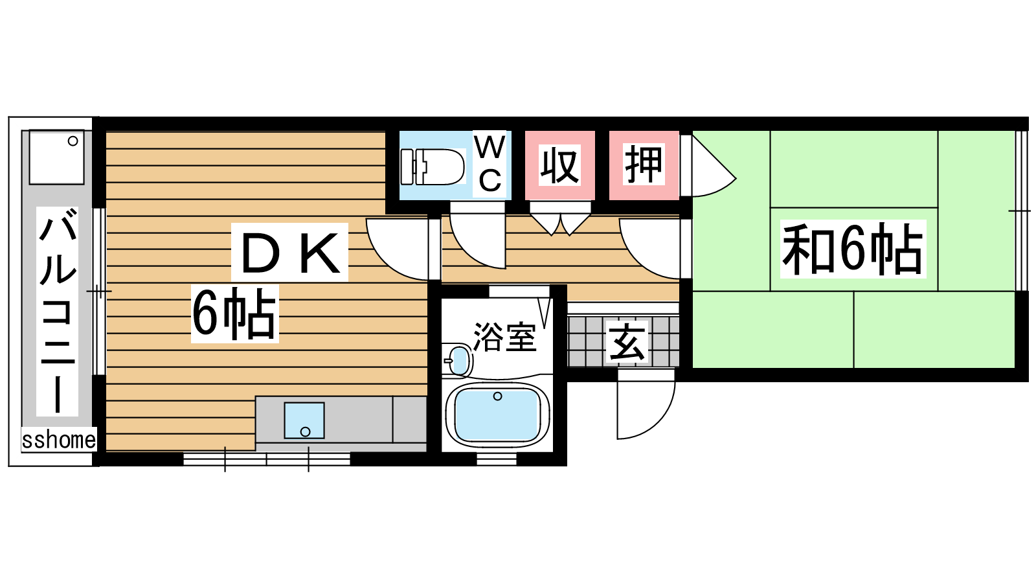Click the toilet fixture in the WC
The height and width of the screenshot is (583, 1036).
(x=433, y=167)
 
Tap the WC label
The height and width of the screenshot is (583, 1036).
(x=490, y=165)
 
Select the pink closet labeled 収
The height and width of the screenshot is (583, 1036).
(x=559, y=165)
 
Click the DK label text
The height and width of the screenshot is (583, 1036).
(x=290, y=253)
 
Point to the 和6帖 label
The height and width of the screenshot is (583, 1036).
(x=853, y=249)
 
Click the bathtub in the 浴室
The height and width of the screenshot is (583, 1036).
(x=497, y=415)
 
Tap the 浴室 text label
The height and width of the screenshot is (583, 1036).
(x=504, y=337)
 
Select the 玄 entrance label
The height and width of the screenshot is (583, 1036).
(x=627, y=342)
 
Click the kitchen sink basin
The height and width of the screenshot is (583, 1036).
(x=304, y=420)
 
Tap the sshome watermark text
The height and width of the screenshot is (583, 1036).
(x=59, y=440)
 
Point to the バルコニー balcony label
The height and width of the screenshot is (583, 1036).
(x=58, y=312)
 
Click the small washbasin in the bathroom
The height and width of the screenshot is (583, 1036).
(x=459, y=360)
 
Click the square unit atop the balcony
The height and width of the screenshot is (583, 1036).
(x=57, y=157)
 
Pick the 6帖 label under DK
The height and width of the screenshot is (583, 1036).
(x=234, y=314)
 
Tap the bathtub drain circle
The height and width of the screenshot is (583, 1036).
(x=497, y=396)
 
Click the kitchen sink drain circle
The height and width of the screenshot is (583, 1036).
(x=305, y=431)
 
